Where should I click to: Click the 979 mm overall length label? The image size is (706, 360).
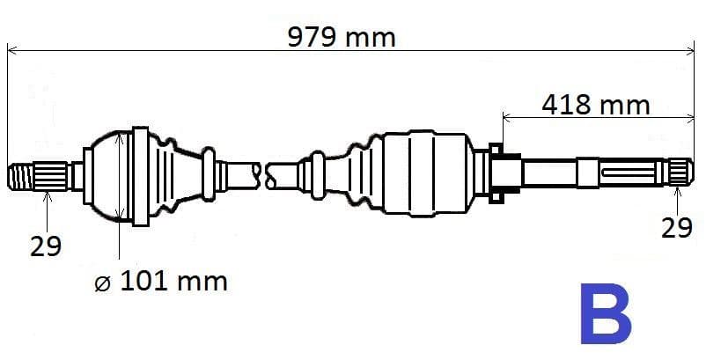pyautogui.click(x=342, y=37)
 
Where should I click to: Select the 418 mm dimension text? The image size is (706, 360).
pyautogui.click(x=595, y=105)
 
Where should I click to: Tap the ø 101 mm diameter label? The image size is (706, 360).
pyautogui.click(x=160, y=282)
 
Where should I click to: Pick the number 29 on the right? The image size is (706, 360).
pyautogui.click(x=676, y=228)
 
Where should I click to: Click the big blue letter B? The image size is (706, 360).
pyautogui.click(x=606, y=314)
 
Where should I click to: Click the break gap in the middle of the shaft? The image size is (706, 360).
pyautogui.click(x=264, y=173)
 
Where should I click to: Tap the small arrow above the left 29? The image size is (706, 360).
pyautogui.click(x=47, y=195)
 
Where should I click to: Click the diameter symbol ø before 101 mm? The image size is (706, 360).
pyautogui.click(x=101, y=283)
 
